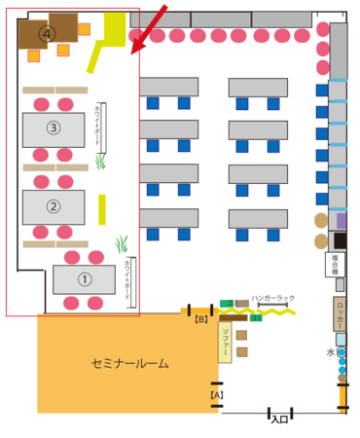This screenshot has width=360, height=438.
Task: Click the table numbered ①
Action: point(84,279)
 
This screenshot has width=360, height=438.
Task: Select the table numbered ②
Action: point(54,206)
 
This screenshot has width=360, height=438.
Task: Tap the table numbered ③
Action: point(54,128)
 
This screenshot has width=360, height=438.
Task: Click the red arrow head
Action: point(137,44)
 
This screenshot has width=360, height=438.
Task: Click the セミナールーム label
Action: point(129,363)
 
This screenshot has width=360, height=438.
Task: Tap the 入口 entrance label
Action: point(279,419)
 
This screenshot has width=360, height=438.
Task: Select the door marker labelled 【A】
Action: point(216,395)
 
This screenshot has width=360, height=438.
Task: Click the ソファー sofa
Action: point(225,344)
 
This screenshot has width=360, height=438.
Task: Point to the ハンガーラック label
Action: point(272,298)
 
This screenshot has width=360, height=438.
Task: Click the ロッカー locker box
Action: point(340,312)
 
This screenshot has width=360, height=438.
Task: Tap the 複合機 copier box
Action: point(335,265)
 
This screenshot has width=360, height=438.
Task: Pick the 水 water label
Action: point(331,352)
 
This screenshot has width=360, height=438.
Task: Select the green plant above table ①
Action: point(122,242)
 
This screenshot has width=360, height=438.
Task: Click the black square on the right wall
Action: point(340,239)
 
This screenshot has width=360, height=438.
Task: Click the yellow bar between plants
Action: point(102,209)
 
